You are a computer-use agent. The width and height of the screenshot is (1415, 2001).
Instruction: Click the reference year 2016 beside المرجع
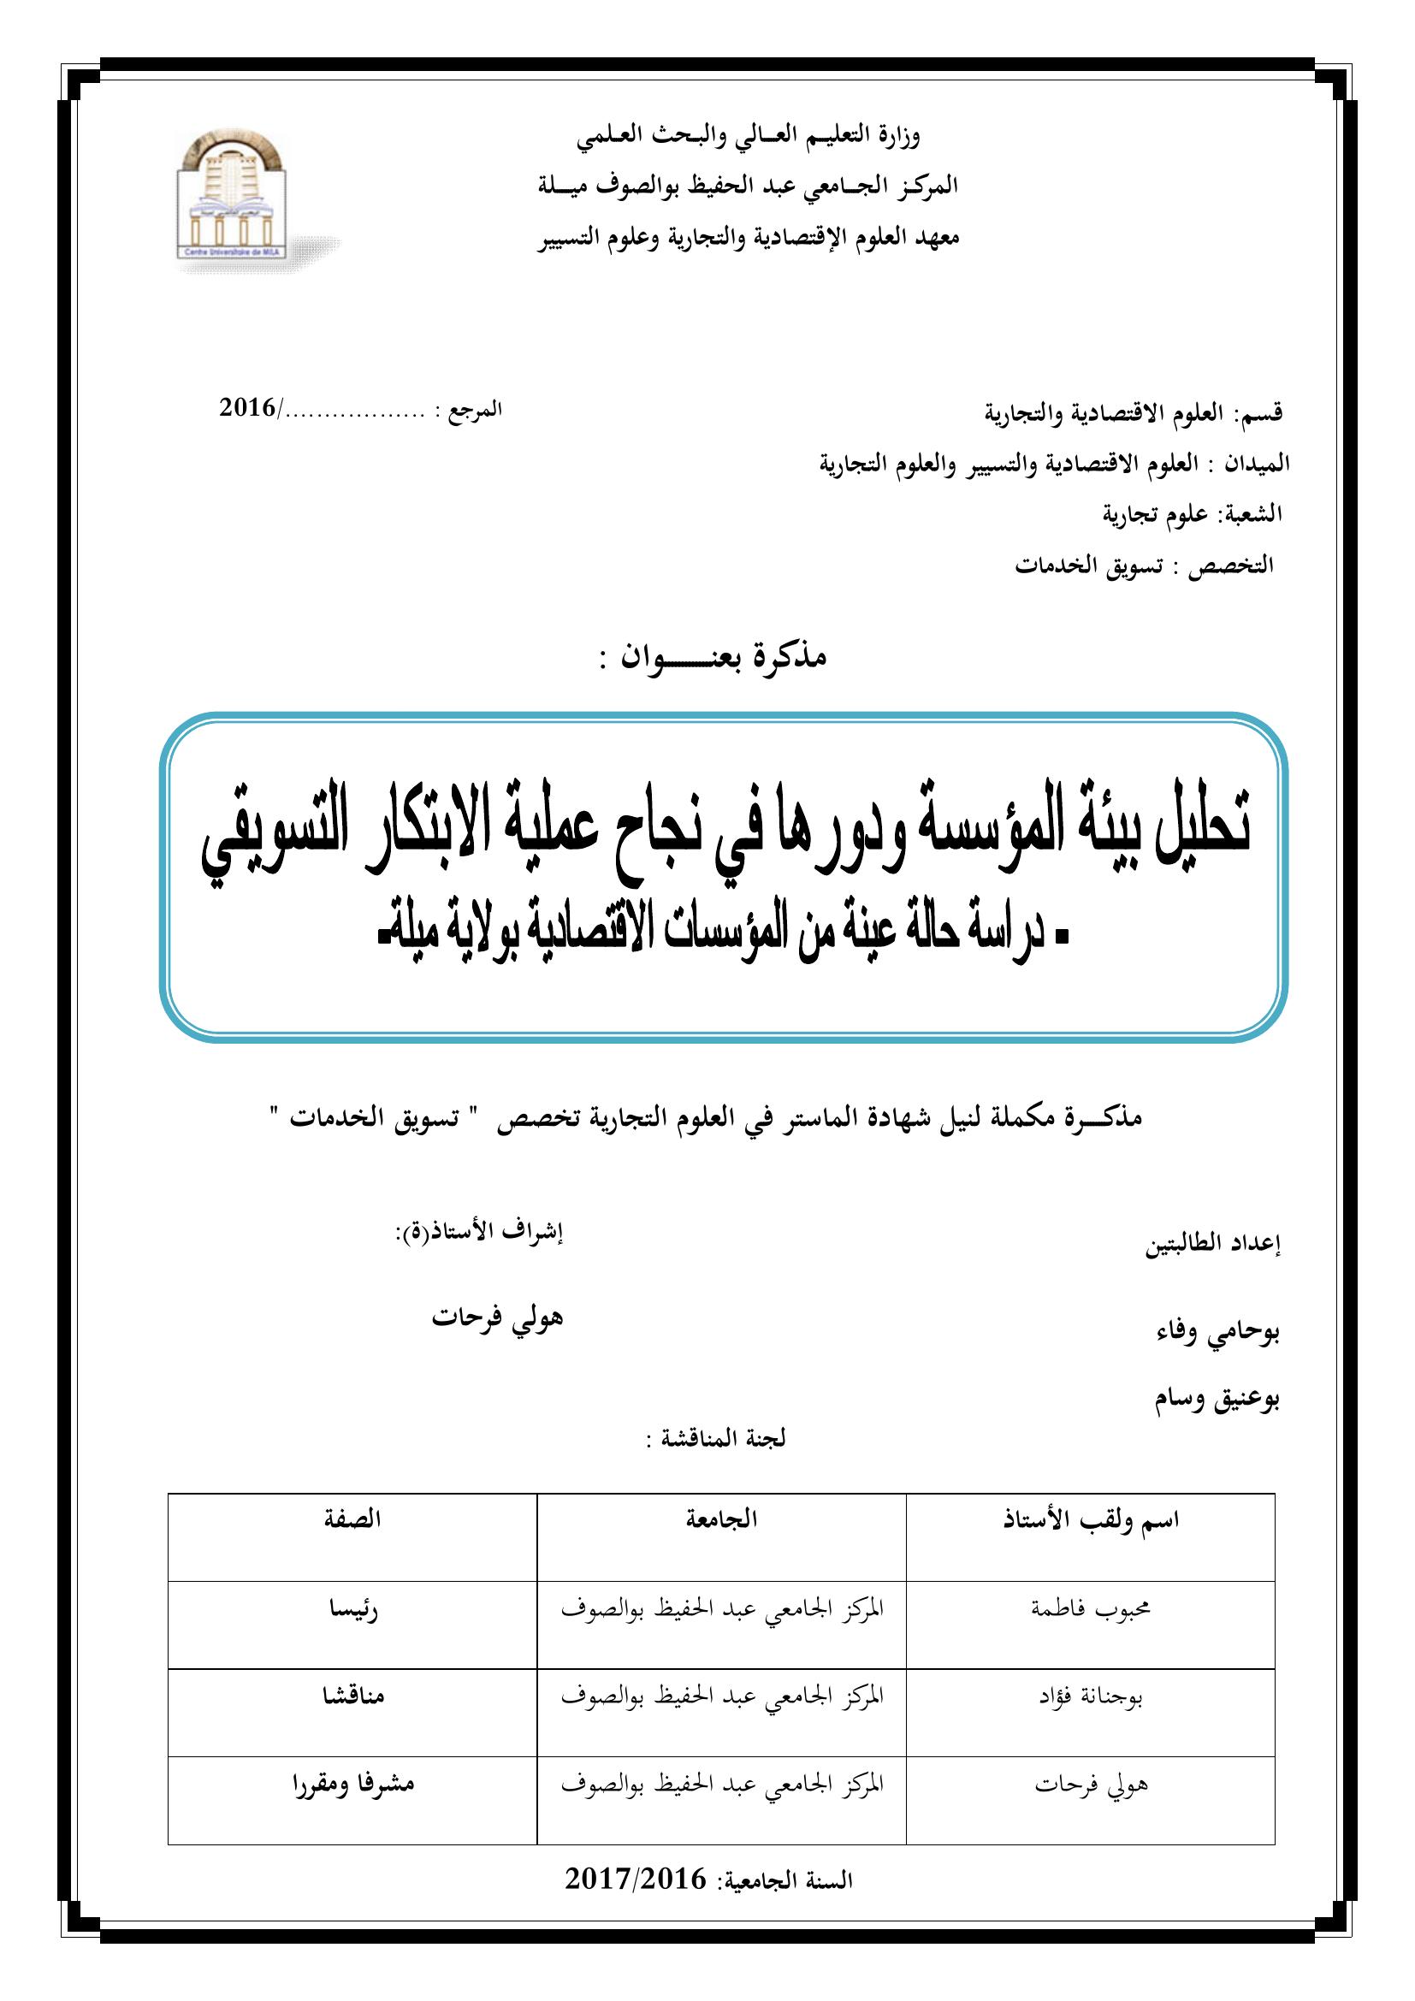[x=246, y=408]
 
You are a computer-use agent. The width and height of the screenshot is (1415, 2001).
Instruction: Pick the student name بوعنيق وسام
[x=1217, y=1400]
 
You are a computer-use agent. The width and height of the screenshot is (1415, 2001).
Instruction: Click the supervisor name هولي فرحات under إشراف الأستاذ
[x=498, y=1317]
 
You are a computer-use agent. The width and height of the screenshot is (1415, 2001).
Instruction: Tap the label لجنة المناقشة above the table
[x=715, y=1439]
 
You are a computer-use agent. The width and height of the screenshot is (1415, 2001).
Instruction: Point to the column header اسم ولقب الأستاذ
[x=1090, y=1521]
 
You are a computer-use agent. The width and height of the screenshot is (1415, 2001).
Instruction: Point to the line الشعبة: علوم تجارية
[x=1193, y=514]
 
